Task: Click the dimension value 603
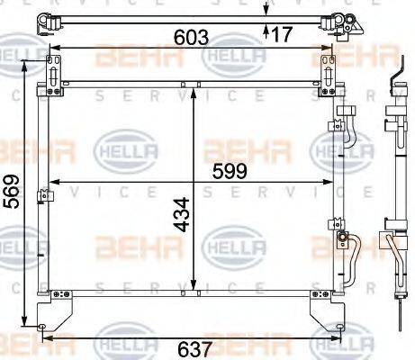192,38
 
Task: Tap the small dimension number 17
282,34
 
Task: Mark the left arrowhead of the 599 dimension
50,183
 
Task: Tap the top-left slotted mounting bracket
57,71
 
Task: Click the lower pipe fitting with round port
344,239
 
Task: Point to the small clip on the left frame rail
41,194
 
